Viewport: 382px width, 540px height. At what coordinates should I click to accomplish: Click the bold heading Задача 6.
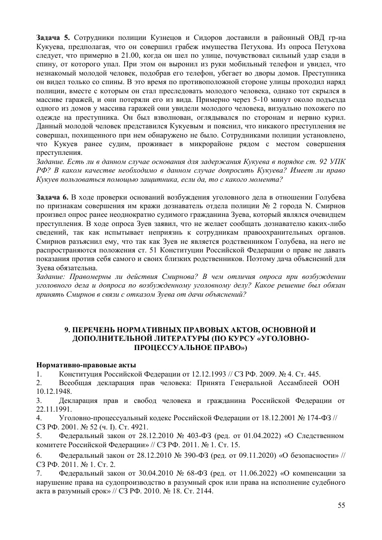(54, 197)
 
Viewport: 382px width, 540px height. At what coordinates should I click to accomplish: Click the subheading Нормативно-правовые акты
(86, 364)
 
